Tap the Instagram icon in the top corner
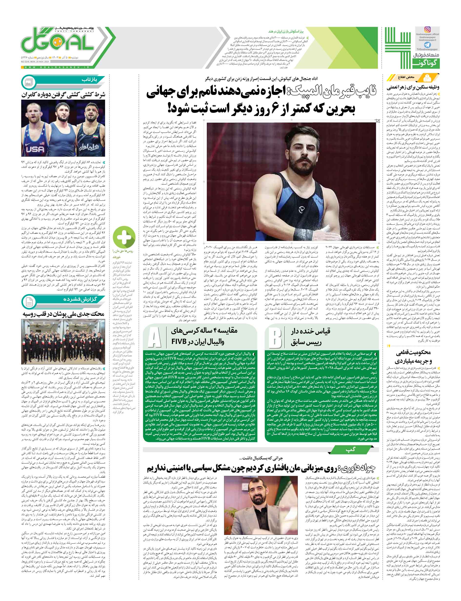tap(427, 29)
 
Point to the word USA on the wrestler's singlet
tap(35, 149)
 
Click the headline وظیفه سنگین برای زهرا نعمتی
tap(412, 88)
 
